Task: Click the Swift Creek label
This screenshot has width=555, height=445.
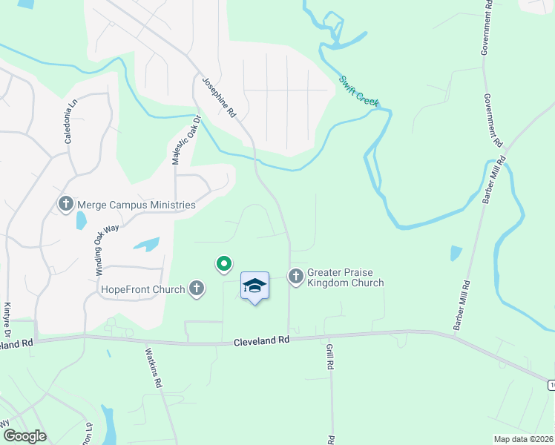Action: coord(358,90)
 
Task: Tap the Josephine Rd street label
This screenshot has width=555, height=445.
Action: coord(220,98)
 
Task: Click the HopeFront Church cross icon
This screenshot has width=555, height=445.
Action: coord(197,289)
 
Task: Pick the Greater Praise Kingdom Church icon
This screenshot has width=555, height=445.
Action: coord(296,277)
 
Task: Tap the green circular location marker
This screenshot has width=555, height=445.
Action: coord(223,263)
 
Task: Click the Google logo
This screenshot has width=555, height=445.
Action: coord(24,436)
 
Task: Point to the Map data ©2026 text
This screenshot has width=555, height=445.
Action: coord(523,439)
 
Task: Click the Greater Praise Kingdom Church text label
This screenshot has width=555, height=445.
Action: coord(345,277)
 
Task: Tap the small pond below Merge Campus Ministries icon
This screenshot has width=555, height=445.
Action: coord(81,220)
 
